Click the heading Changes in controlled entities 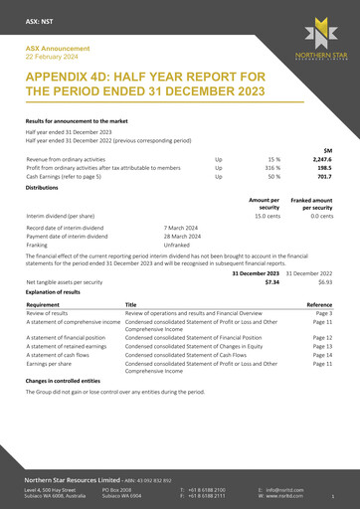(65, 381)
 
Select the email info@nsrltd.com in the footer (285, 490)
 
